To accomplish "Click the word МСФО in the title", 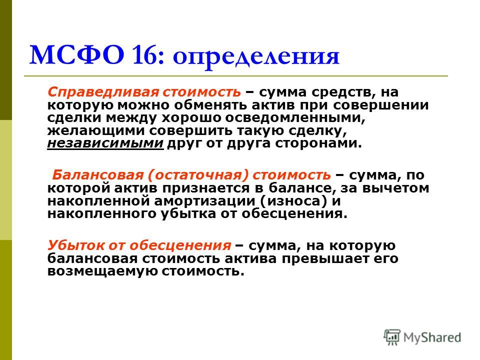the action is [x=77, y=55].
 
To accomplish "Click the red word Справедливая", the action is [x=103, y=92].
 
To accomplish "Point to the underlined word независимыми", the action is [x=105, y=143].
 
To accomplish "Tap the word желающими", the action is [x=96, y=130].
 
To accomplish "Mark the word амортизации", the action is [x=204, y=201].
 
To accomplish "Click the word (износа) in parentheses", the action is [x=294, y=201].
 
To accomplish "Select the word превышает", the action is [x=325, y=258].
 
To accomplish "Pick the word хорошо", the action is [x=185, y=118].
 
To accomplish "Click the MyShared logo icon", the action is [x=392, y=337].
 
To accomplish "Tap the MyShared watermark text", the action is [x=432, y=337].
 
